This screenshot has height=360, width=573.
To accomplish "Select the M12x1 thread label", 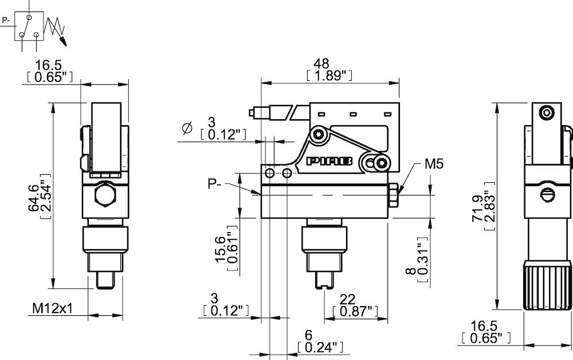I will pos(53,309).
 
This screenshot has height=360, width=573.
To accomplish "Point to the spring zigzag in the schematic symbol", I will pos(56,26).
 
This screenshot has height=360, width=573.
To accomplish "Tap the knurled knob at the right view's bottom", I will pos(548,285).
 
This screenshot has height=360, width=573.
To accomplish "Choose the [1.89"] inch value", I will pos(329,76).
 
